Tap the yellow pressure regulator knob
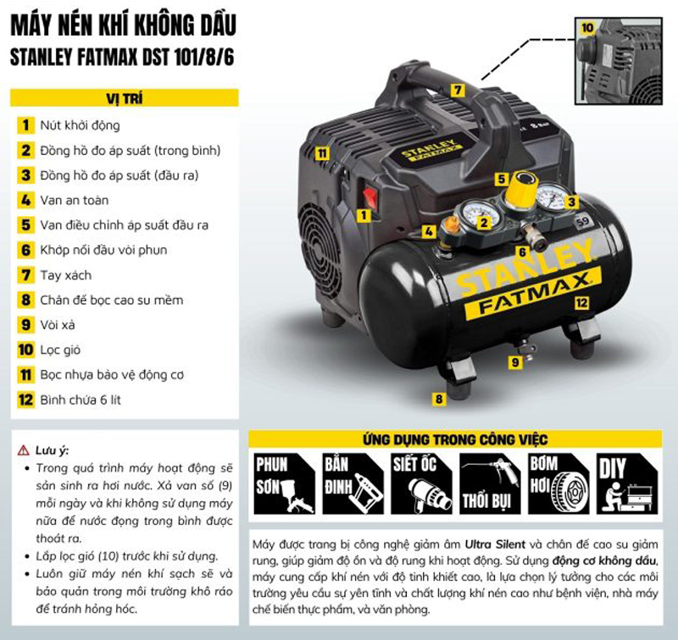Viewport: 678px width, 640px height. click(522, 190)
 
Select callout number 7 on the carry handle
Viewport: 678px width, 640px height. click(458, 91)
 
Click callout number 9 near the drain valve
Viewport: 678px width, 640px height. click(515, 361)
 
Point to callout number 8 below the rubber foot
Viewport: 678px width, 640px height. click(439, 399)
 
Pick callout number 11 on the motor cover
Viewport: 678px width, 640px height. click(322, 153)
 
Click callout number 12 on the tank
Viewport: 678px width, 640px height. click(581, 303)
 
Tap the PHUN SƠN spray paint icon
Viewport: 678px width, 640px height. click(284, 483)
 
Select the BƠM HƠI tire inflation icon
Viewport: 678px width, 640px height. click(559, 483)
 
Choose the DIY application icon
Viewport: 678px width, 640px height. click(627, 483)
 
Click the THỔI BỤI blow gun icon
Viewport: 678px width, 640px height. click(490, 483)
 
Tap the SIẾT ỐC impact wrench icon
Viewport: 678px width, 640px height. click(421, 483)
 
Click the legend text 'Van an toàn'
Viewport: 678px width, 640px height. click(75, 201)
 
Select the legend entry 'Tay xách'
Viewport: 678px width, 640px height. click(66, 275)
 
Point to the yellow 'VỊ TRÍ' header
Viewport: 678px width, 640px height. click(124, 98)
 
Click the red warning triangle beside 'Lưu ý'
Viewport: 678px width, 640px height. click(24, 450)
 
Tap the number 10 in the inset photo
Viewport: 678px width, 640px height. click(586, 28)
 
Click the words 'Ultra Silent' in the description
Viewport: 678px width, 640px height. click(495, 544)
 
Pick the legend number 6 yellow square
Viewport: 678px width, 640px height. click(26, 250)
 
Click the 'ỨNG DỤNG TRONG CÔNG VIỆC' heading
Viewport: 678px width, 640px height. click(455, 439)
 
